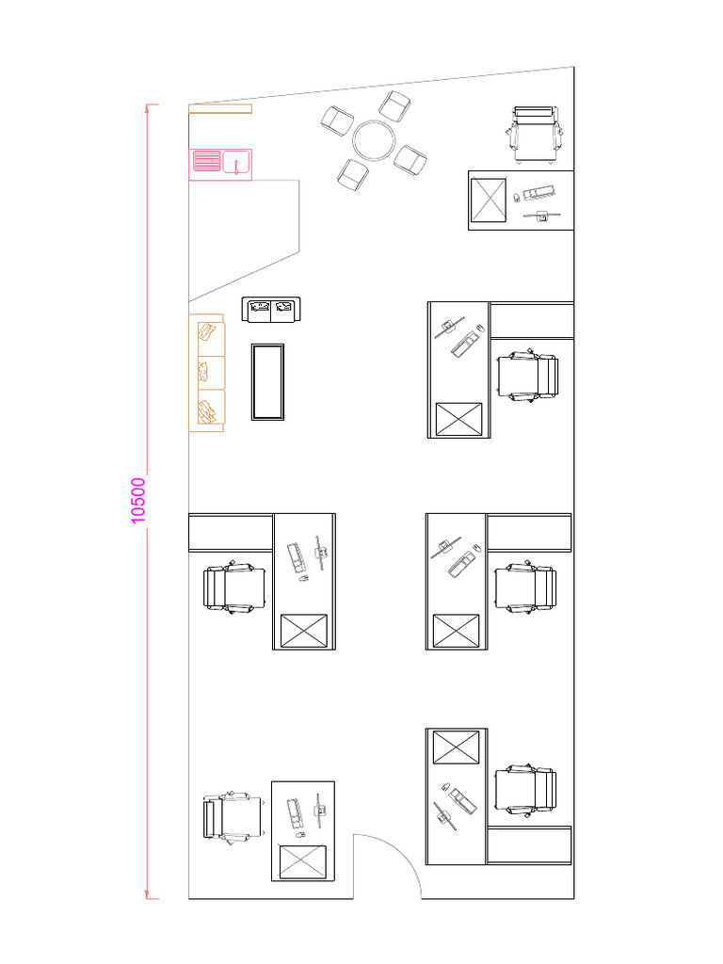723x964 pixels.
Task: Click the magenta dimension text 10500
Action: click(138, 501)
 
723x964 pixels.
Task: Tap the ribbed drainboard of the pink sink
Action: click(205, 163)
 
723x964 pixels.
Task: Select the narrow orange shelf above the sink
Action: click(219, 108)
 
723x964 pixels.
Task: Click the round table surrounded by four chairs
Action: click(374, 142)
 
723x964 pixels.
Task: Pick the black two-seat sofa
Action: click(271, 309)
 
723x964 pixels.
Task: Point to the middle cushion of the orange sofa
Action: click(207, 372)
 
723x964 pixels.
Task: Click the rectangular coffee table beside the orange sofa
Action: click(267, 381)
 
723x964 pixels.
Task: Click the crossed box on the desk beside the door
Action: click(303, 862)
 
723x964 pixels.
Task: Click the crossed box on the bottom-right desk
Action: click(456, 747)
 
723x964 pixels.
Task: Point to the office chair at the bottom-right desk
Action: click(526, 789)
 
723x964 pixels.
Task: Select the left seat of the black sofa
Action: click(259, 307)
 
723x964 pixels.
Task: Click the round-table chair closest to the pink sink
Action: click(337, 120)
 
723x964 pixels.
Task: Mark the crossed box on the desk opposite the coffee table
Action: click(458, 418)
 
